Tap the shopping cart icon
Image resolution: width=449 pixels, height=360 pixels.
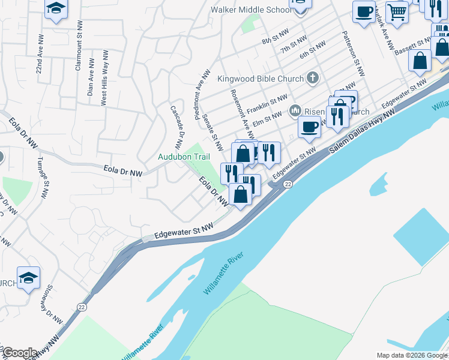(397, 11)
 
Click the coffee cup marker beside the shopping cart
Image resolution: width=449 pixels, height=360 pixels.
(364, 12)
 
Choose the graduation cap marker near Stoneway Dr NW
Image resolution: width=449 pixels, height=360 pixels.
(28, 278)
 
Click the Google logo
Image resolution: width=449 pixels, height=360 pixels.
(20, 353)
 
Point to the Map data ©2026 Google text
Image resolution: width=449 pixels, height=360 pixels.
(412, 355)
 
